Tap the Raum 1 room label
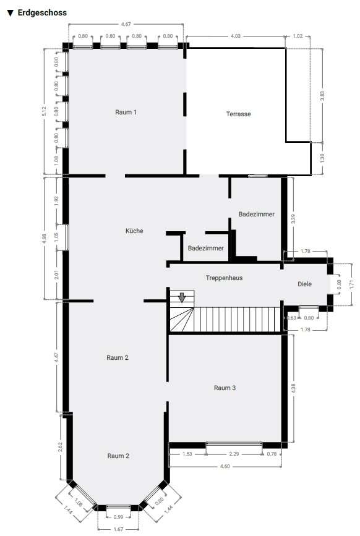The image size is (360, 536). pos(126,112)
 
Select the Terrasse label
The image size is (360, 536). pos(238,114)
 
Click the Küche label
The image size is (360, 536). pos(134,231)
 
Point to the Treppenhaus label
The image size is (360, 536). pos(224,278)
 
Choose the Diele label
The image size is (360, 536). pos(304,284)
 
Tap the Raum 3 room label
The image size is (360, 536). pos(225,388)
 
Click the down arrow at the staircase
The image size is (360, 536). pos(182,298)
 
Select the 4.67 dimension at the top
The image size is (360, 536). pos(126,24)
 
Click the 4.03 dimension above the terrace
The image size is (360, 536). pos(236,36)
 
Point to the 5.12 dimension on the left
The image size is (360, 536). pos(44,111)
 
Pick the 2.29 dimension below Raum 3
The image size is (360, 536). pos(234,454)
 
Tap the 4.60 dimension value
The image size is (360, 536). pos(225,466)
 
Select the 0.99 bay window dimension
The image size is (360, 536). pos(119,516)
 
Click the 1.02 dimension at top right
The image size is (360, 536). pos(298,36)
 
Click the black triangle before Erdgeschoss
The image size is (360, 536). pos(9,12)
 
